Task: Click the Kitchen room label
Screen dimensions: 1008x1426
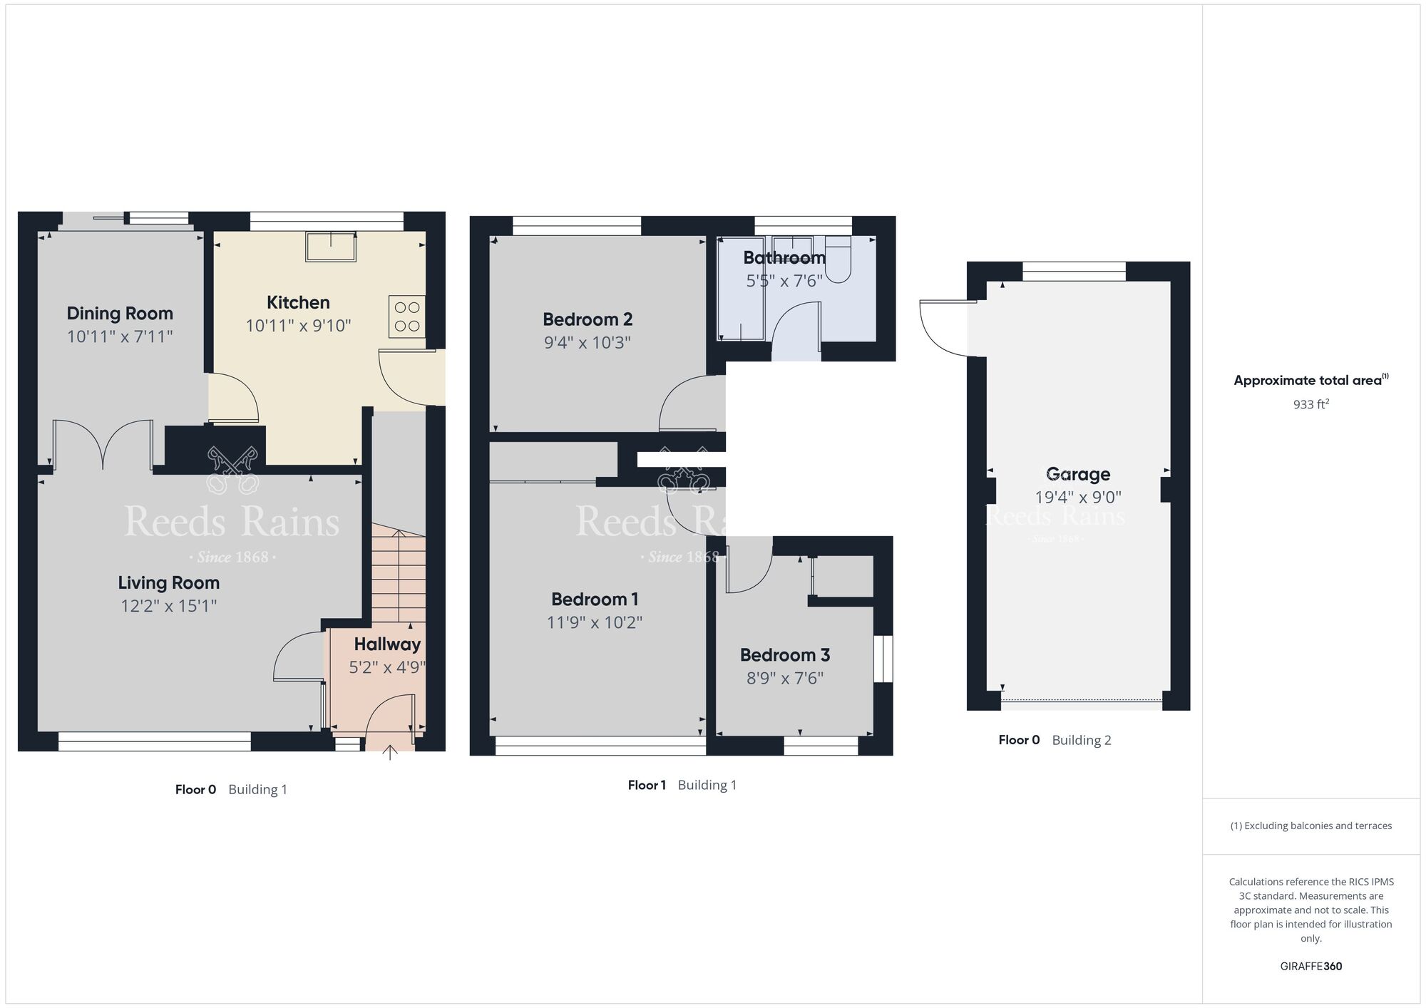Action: (298, 302)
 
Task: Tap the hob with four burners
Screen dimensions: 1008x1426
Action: (407, 317)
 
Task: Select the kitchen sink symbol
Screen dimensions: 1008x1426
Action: (331, 246)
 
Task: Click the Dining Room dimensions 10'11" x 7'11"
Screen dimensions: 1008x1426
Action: (120, 336)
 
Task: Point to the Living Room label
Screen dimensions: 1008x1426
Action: (168, 582)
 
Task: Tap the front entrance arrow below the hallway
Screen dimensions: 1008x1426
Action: (389, 753)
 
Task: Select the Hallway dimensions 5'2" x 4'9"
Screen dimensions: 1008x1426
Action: (387, 667)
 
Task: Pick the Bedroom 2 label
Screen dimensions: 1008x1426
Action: (588, 319)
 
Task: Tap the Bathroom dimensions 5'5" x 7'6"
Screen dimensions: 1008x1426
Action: (784, 281)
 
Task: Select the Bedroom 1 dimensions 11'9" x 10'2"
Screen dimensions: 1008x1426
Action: (594, 622)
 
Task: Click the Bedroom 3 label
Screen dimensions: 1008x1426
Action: (784, 654)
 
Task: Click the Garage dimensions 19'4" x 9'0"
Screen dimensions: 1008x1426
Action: (1077, 497)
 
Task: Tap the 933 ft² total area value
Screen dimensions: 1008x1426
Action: (1310, 404)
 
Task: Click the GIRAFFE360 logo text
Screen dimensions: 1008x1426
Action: (1310, 967)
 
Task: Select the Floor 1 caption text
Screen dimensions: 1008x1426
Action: (647, 785)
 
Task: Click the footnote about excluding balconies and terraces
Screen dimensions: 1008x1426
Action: (1310, 826)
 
